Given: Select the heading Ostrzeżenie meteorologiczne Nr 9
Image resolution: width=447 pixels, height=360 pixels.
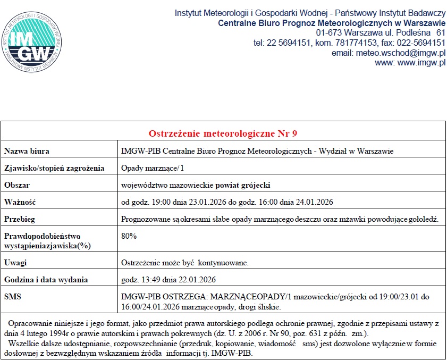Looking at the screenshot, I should pyautogui.click(x=223, y=132).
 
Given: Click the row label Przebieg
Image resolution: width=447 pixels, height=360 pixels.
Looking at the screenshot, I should pyautogui.click(x=20, y=219).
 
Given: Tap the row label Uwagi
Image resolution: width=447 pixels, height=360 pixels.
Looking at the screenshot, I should pyautogui.click(x=15, y=263).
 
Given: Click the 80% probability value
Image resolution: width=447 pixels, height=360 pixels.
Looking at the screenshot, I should pyautogui.click(x=129, y=236).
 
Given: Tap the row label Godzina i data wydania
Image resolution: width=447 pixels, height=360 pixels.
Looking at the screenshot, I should pyautogui.click(x=46, y=280).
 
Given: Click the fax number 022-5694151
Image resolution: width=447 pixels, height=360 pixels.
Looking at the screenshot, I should pyautogui.click(x=419, y=43).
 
